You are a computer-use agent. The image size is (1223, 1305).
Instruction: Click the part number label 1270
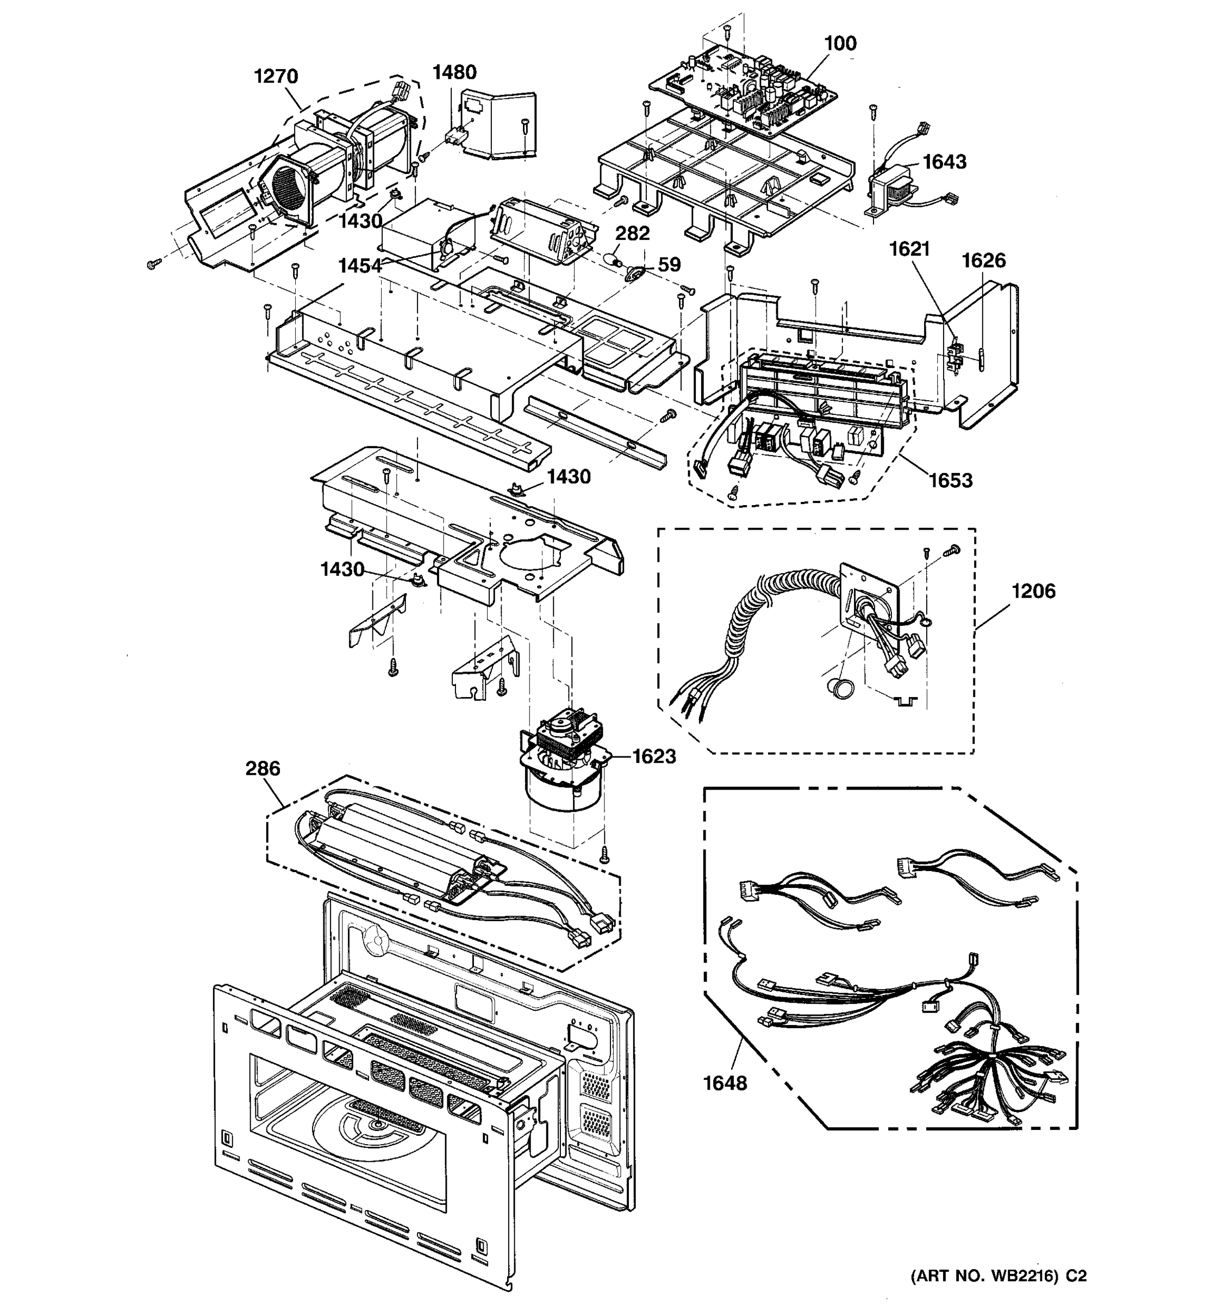[x=276, y=76]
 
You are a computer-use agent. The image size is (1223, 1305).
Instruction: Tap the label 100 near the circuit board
[x=840, y=43]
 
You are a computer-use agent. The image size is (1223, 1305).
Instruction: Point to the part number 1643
[x=944, y=161]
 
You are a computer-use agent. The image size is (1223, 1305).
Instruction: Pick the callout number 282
[x=633, y=233]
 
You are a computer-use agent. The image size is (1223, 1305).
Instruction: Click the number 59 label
[x=669, y=265]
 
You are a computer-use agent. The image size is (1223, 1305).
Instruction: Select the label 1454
[x=359, y=266]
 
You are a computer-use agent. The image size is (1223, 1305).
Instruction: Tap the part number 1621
[x=909, y=249]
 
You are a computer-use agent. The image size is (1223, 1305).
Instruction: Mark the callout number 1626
[x=983, y=260]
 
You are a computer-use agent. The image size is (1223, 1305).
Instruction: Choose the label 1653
[x=951, y=481]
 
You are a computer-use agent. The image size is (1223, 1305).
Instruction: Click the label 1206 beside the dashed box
[x=1033, y=591]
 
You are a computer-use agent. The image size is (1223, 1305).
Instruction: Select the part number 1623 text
[x=654, y=756]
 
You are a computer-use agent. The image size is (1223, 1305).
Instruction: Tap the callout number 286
[x=263, y=768]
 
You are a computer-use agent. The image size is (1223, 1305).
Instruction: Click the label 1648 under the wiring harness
[x=725, y=1083]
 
